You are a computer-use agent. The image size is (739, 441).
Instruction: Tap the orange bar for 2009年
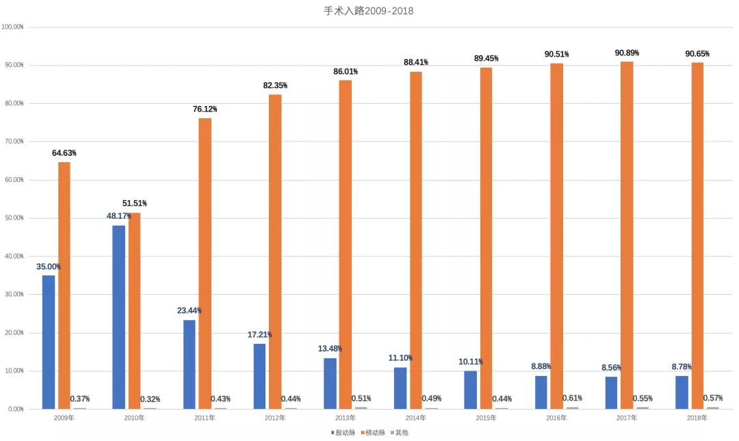click(64, 285)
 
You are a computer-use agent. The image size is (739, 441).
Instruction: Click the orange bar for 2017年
click(627, 235)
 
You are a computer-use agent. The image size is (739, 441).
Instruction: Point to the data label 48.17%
click(118, 216)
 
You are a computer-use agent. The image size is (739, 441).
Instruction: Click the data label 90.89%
click(627, 53)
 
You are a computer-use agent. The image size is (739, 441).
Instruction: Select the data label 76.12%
click(204, 109)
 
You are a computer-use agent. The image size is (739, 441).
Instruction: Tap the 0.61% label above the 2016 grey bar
click(573, 398)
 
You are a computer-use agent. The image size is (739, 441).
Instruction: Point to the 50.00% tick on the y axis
click(13, 218)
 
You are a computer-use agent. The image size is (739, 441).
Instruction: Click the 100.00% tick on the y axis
click(13, 27)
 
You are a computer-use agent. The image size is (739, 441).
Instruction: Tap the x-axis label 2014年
click(415, 417)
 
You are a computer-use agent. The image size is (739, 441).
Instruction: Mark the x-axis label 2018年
click(697, 417)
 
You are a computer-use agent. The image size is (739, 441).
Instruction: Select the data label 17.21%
click(259, 335)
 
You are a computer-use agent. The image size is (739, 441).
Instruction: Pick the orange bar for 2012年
click(274, 251)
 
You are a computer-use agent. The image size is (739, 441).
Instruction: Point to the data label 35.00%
click(49, 267)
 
